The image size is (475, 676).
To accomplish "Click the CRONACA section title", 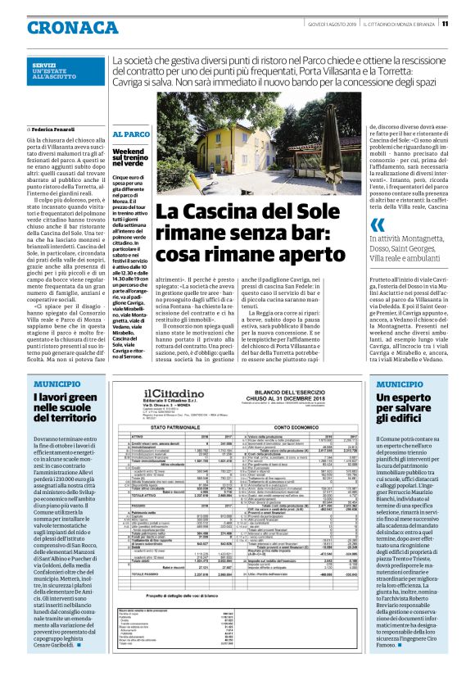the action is coord(61,27).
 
